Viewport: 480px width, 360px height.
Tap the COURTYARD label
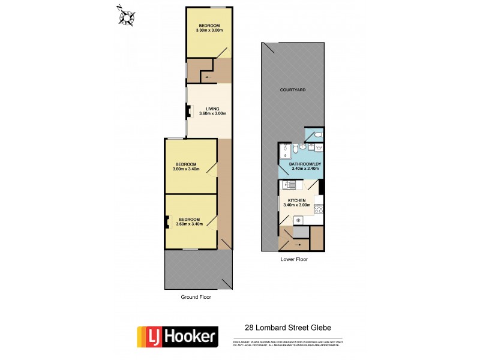(293, 89)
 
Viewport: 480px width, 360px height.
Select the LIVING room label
(209, 109)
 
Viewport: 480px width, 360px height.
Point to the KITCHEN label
(297, 200)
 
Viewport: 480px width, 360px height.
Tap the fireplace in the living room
(188, 110)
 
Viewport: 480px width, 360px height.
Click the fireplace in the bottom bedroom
(168, 222)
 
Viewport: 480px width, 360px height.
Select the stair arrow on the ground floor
(208, 77)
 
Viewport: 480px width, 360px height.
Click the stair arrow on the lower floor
(292, 245)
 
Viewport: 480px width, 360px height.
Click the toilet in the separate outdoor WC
(316, 135)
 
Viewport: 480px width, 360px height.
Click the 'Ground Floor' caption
(196, 297)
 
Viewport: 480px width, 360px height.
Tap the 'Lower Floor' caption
(294, 260)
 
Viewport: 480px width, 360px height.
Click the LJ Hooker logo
(177, 336)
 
